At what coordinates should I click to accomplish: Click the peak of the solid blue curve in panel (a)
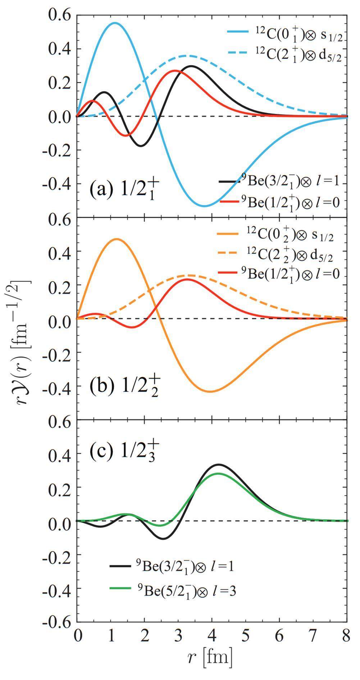pos(114,23)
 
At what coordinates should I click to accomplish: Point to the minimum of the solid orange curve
pos(210,391)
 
